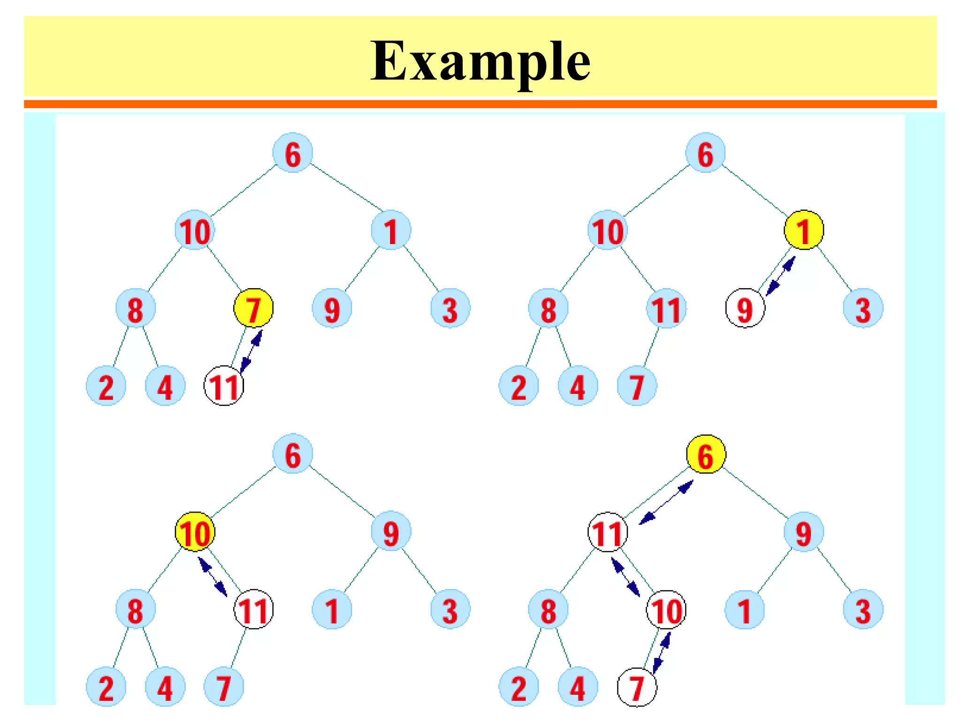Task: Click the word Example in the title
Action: click(480, 61)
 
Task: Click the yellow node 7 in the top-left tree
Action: click(253, 308)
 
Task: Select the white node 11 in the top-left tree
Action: click(224, 386)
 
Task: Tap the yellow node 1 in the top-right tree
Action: click(804, 230)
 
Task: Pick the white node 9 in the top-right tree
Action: click(745, 308)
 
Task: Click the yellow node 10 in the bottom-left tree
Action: click(195, 532)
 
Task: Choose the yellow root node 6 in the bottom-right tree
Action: click(706, 454)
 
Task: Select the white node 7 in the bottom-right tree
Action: click(637, 687)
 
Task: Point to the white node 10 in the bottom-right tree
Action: click(666, 610)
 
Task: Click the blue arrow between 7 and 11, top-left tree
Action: click(252, 351)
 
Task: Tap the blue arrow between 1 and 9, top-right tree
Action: click(781, 276)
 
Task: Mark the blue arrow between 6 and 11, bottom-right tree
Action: click(666, 502)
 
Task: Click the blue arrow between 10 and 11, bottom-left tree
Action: click(213, 577)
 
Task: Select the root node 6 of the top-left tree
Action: click(292, 153)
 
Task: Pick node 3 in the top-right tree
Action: click(863, 308)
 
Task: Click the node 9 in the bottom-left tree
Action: click(391, 532)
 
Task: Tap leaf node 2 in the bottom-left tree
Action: click(106, 687)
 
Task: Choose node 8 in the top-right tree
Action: click(548, 308)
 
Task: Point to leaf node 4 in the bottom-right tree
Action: click(578, 687)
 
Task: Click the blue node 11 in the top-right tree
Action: click(666, 308)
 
